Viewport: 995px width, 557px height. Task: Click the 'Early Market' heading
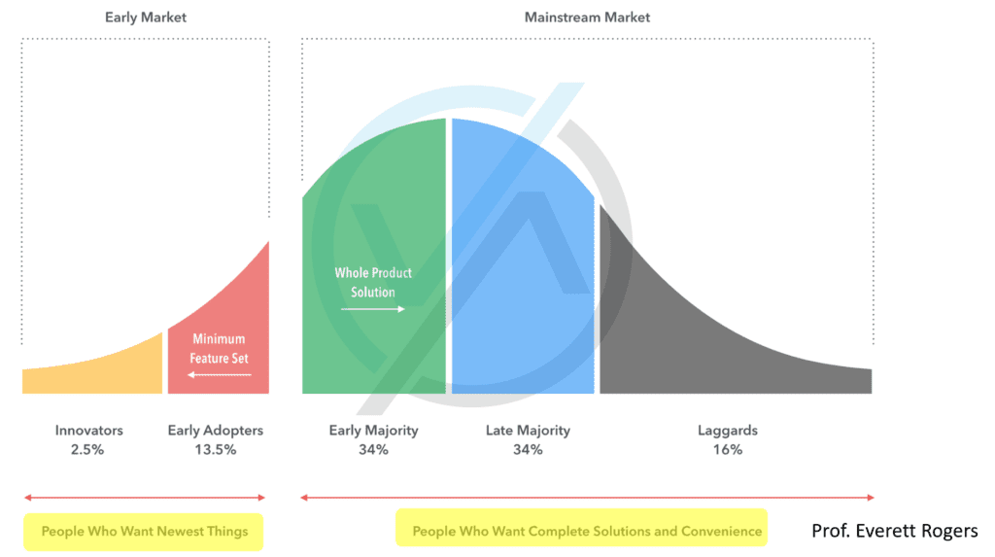[146, 17]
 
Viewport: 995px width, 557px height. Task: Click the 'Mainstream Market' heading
[587, 17]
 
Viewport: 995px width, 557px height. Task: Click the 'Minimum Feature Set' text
[219, 349]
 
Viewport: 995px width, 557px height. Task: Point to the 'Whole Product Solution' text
[373, 283]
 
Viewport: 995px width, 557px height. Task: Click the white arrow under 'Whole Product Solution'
[372, 309]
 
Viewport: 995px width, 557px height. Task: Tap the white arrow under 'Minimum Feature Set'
[219, 374]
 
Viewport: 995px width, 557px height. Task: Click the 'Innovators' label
[88, 430]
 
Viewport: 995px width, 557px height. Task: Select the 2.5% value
[87, 450]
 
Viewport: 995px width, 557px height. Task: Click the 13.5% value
[216, 450]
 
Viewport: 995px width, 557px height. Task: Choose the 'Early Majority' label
[374, 431]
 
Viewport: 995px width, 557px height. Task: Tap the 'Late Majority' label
[528, 431]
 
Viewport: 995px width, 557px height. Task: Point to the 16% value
[728, 450]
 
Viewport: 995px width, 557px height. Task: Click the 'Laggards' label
[728, 431]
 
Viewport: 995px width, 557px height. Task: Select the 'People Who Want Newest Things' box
[144, 532]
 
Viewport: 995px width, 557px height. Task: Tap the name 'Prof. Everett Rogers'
[895, 531]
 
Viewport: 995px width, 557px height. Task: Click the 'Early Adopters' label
[216, 431]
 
